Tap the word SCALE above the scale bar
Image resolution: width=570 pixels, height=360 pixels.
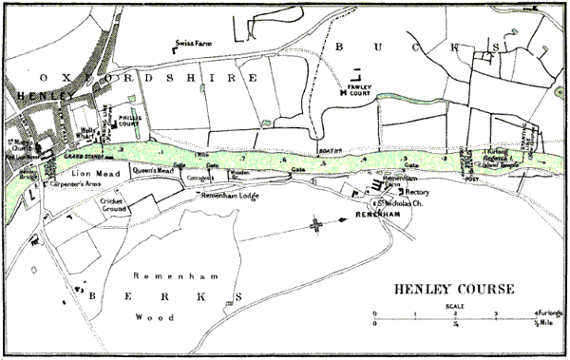coord(455,305)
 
